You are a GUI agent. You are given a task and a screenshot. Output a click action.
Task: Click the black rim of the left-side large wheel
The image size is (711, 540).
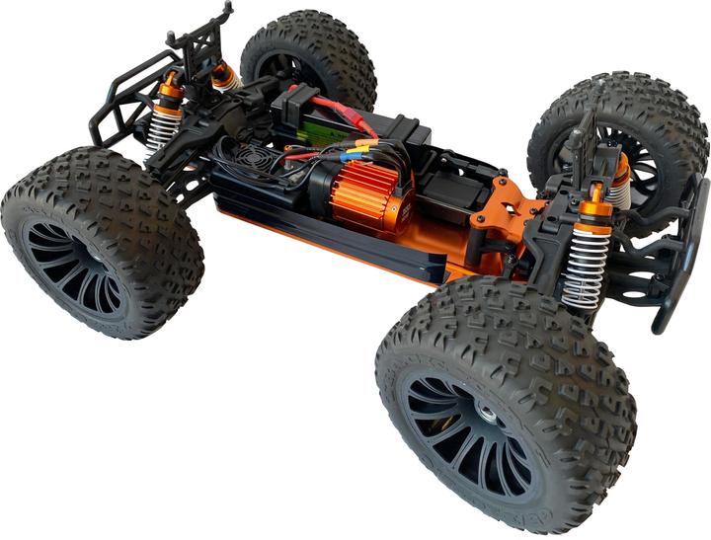click(x=74, y=268)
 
